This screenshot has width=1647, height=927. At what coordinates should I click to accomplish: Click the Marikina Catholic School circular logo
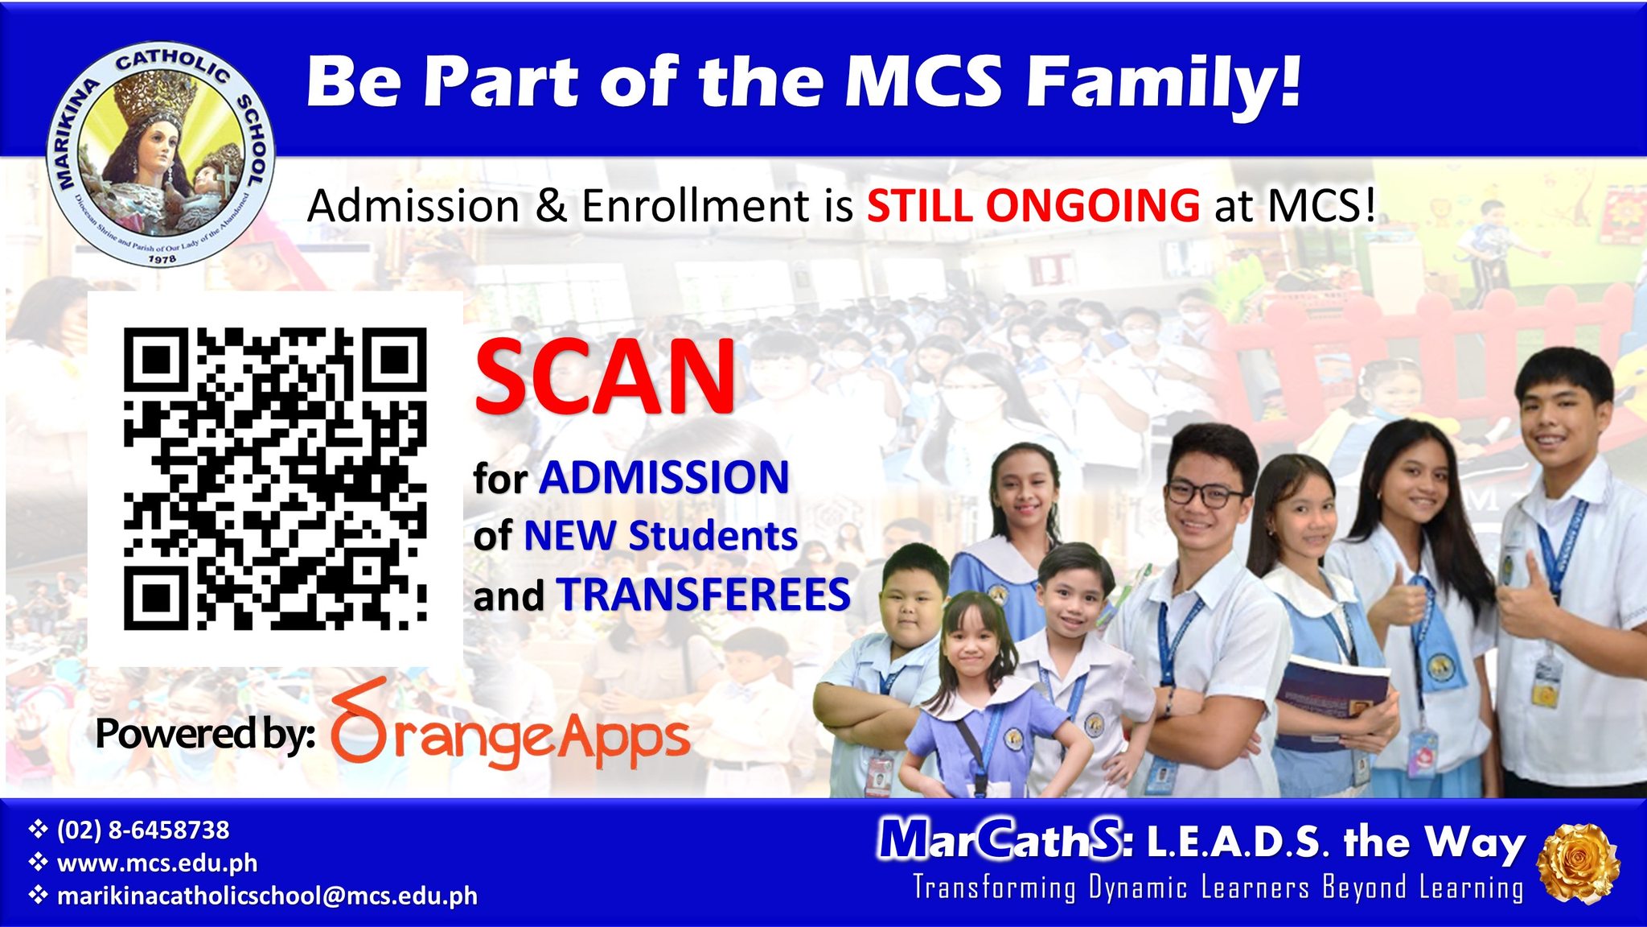click(162, 154)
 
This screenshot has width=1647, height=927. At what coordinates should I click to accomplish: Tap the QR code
click(275, 479)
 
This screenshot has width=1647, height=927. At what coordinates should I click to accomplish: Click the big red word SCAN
click(605, 376)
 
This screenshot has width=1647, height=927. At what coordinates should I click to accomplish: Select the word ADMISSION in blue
click(664, 477)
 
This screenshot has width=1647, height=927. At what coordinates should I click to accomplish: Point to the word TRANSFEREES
click(704, 595)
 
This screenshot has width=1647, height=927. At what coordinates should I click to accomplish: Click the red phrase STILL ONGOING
click(1033, 205)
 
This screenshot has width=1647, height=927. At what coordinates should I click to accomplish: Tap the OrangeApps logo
click(510, 725)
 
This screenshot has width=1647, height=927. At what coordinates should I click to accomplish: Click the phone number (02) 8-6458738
click(143, 830)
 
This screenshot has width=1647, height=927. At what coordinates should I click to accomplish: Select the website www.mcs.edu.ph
click(158, 863)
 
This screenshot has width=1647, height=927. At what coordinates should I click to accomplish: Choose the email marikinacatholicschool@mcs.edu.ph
click(267, 896)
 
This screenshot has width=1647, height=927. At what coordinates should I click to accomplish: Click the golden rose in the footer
click(1578, 863)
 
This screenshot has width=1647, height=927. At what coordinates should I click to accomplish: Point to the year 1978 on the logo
click(162, 259)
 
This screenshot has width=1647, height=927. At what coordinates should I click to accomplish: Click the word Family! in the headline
click(1164, 81)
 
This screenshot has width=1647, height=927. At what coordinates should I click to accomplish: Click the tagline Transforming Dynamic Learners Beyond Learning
click(1218, 888)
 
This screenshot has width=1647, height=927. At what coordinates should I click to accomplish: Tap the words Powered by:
click(206, 734)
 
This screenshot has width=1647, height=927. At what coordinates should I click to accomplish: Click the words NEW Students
click(660, 536)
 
